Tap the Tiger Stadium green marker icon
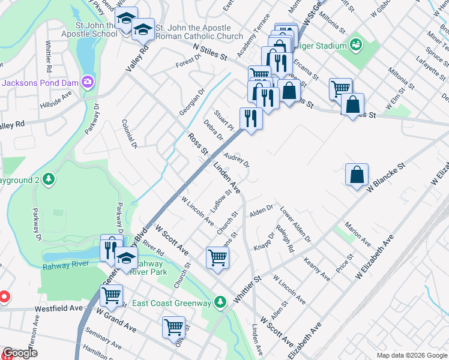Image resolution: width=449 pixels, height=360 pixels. [355, 45]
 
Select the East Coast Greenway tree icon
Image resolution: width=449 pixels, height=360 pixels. [221, 302]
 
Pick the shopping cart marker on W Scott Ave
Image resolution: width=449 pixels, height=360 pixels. [217, 258]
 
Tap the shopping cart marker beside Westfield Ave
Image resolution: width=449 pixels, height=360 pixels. [111, 295]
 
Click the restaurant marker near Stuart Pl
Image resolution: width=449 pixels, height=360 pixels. [251, 118]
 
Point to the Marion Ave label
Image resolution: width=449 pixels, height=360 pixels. [357, 234]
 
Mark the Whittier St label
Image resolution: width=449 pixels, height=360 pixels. [249, 289]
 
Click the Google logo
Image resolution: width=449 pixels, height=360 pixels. [20, 353]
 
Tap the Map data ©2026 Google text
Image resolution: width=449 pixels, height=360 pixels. [411, 355]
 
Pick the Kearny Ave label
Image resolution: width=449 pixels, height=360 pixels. [316, 269]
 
